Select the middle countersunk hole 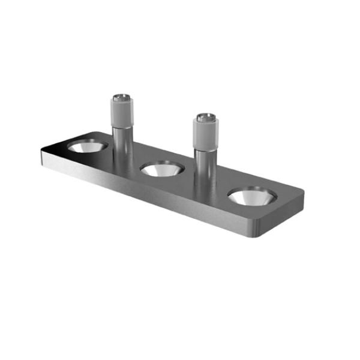(162, 169)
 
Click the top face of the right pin (206, 115)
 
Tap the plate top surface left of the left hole (59, 149)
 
